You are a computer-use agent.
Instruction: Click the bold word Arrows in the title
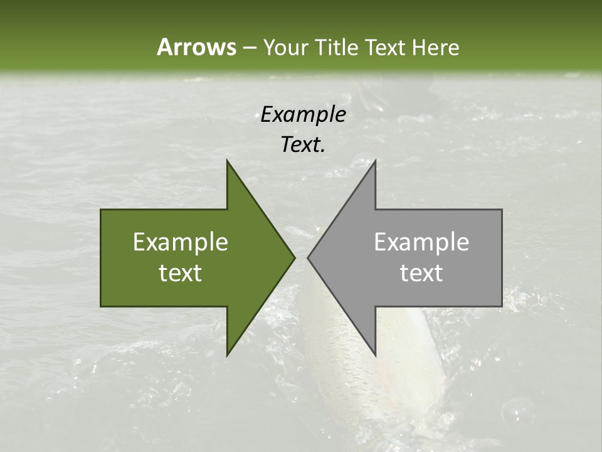(x=196, y=47)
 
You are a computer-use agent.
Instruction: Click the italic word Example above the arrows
(x=303, y=114)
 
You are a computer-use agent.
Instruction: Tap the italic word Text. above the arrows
(x=303, y=144)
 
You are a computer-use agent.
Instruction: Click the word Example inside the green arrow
(x=180, y=242)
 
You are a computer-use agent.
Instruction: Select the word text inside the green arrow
(x=180, y=273)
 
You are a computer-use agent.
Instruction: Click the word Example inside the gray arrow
(x=421, y=242)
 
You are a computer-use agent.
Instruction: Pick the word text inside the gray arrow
(x=421, y=273)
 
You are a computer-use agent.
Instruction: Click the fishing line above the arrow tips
(x=307, y=201)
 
